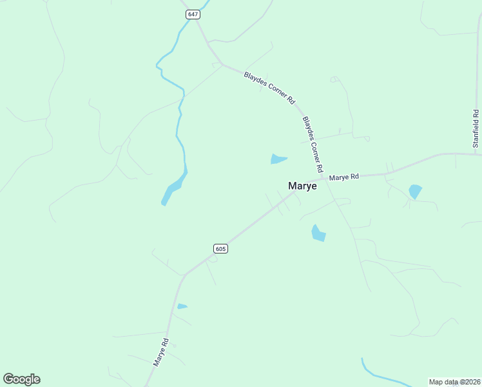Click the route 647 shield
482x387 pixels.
(x=191, y=14)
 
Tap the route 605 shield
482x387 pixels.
(x=220, y=248)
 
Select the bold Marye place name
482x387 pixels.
(x=302, y=186)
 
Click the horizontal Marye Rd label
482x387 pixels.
(x=343, y=177)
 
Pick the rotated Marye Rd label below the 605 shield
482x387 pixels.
(x=160, y=353)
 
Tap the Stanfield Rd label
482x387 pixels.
(x=476, y=129)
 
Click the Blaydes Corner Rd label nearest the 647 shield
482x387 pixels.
(x=269, y=88)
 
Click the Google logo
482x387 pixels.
(x=22, y=379)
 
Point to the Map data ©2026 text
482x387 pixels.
(x=454, y=382)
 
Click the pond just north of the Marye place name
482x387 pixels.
(x=278, y=159)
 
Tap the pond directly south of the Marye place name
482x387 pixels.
(x=318, y=233)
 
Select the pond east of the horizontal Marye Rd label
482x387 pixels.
(x=415, y=191)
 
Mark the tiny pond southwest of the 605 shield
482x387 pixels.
(x=182, y=306)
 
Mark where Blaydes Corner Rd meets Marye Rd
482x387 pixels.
(x=324, y=179)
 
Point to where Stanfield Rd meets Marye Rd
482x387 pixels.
(x=475, y=154)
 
